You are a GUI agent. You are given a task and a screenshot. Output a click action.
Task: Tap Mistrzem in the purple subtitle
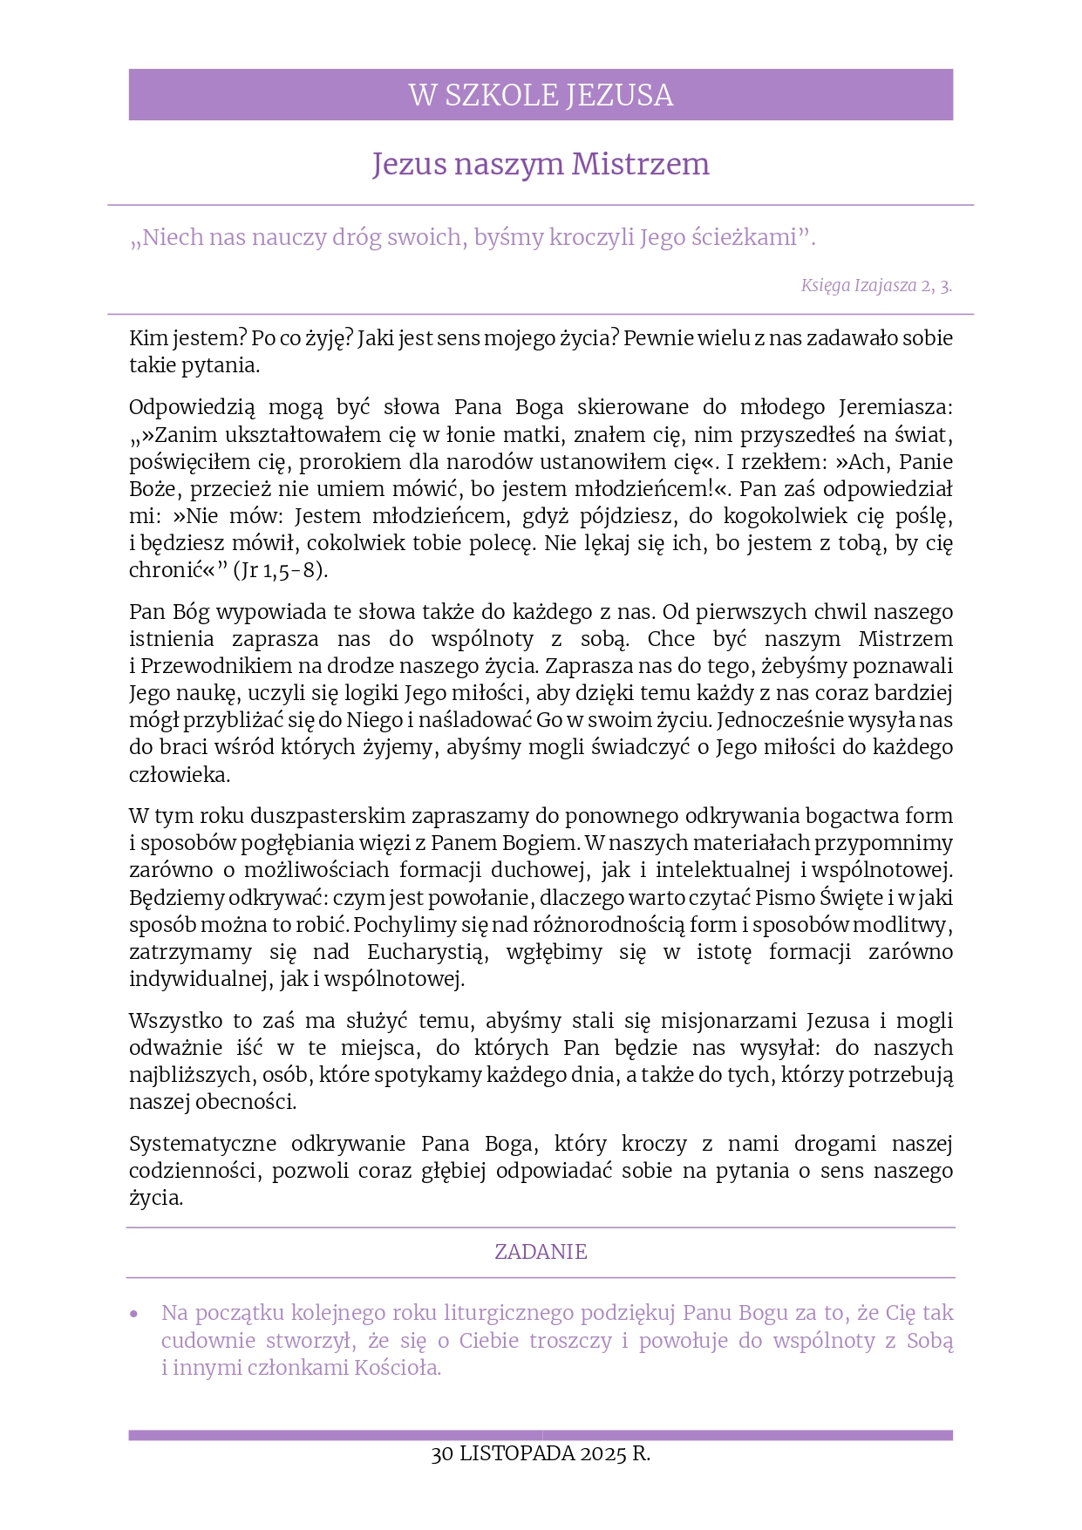point(641,164)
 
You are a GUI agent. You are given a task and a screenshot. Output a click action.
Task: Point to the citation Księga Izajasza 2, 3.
point(876,285)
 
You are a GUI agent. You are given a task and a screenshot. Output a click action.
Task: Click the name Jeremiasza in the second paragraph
point(895,407)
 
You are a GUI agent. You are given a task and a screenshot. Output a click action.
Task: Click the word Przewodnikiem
point(215,666)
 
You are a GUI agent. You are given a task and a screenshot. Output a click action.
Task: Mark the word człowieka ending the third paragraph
point(179,775)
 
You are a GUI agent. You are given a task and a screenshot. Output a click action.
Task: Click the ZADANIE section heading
point(541,1252)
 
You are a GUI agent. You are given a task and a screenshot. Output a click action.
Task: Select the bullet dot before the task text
point(133,1314)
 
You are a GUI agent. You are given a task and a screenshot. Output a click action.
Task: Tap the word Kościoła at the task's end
point(398,1368)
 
